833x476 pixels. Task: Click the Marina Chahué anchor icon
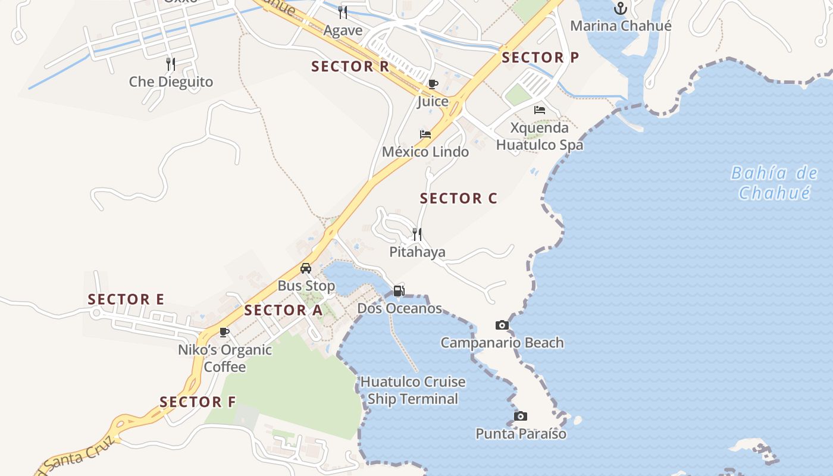point(621,8)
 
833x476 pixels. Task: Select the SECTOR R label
point(350,66)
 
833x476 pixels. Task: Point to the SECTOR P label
point(540,57)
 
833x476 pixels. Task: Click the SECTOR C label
point(458,198)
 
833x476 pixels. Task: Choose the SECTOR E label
point(126,299)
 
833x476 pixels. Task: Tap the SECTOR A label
point(283,310)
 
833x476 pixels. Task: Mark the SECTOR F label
point(198,402)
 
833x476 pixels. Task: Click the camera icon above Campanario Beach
point(502,325)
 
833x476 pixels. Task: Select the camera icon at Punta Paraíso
point(521,416)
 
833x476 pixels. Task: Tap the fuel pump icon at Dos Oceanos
point(399,290)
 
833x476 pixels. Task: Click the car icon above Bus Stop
point(306,268)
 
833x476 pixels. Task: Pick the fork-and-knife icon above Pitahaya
point(417,234)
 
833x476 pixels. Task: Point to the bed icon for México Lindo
point(425,134)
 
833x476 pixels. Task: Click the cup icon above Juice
point(433,84)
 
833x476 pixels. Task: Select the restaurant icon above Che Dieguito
point(171,64)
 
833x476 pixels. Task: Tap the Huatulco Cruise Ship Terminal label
point(413,390)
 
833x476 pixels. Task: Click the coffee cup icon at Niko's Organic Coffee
point(224,332)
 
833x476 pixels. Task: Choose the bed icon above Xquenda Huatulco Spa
point(540,110)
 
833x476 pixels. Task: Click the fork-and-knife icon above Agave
point(343,12)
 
